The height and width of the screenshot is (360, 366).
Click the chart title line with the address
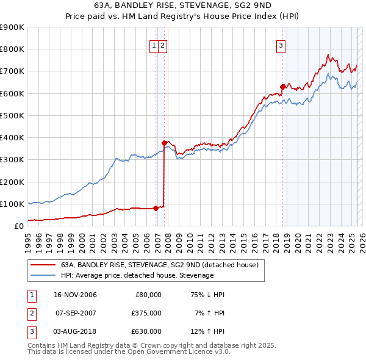pyautogui.click(x=183, y=5)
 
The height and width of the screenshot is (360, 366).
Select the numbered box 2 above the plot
pyautogui.click(x=163, y=45)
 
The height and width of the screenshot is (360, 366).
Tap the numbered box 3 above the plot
pyautogui.click(x=281, y=45)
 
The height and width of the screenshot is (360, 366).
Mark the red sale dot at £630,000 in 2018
pyautogui.click(x=282, y=87)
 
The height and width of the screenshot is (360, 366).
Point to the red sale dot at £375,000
pyautogui.click(x=165, y=143)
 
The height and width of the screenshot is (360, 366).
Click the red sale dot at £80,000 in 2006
pyautogui.click(x=156, y=208)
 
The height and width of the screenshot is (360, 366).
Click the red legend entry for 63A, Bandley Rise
pyautogui.click(x=160, y=265)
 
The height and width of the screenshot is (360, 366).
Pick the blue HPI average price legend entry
pyautogui.click(x=137, y=275)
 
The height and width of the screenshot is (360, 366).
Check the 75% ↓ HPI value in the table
pyautogui.click(x=208, y=295)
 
